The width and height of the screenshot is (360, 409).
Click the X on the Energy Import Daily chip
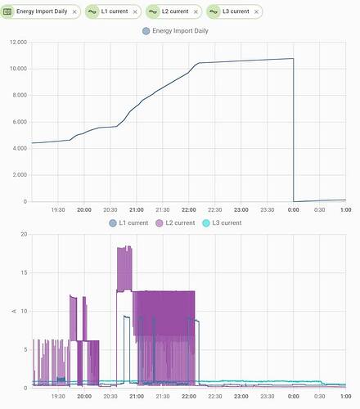point(74,11)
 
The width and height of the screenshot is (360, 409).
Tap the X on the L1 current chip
point(135,11)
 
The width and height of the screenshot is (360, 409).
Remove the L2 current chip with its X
point(196,11)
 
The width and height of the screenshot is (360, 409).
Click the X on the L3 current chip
point(256,11)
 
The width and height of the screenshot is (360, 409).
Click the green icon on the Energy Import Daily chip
point(7,11)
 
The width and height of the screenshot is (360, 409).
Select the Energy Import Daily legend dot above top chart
point(146,31)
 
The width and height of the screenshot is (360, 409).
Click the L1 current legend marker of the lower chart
point(113,223)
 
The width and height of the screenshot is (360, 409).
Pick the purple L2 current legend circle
point(160,223)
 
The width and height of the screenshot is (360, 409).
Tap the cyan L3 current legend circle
point(206,223)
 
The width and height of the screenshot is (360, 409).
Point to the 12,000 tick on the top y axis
point(18,43)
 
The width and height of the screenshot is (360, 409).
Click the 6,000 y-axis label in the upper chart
point(20,122)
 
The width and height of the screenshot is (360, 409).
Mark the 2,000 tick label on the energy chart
point(20,175)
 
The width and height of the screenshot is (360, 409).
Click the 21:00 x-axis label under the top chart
point(137,210)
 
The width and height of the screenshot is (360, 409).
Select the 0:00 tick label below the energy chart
point(294,210)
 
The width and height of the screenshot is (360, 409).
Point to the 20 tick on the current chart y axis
point(24,234)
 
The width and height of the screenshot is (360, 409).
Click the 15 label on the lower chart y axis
point(24,272)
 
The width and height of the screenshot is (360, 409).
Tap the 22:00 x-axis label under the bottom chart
point(189,396)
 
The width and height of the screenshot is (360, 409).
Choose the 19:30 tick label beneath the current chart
point(58,396)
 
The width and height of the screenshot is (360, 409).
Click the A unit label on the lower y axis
point(14,311)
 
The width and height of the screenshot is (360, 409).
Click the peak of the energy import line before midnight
point(293,58)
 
